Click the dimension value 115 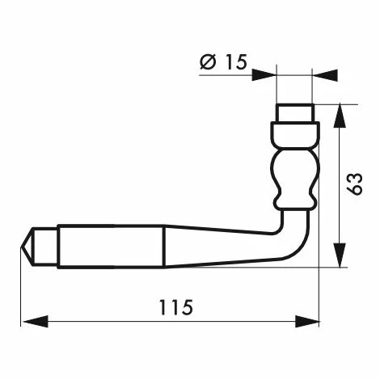(176, 307)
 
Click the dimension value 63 (355, 184)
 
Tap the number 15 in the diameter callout (236, 61)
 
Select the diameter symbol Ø (208, 61)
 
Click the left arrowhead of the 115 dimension (36, 322)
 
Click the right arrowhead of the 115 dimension (307, 322)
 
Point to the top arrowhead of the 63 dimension (340, 115)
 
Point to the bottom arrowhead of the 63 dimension (340, 255)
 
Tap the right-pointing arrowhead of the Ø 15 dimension (264, 75)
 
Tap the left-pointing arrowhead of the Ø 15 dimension (326, 75)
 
